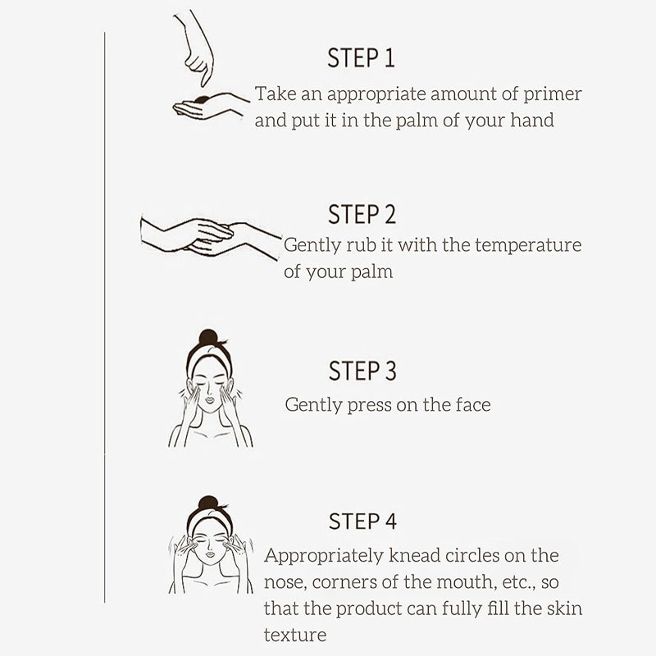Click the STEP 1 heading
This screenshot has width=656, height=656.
click(x=361, y=57)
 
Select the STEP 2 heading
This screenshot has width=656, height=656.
click(x=362, y=214)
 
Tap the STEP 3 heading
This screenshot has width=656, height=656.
click(x=362, y=371)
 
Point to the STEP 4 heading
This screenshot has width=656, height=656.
click(x=362, y=522)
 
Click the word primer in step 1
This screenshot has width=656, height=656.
click(x=552, y=94)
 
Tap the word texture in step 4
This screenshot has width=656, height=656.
click(x=295, y=635)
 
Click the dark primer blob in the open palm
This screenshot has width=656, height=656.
click(x=203, y=99)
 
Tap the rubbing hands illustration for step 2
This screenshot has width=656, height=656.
click(x=211, y=236)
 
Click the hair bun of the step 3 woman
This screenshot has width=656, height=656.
click(x=208, y=337)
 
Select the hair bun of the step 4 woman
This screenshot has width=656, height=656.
click(x=208, y=503)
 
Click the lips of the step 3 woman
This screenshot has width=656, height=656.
click(x=210, y=399)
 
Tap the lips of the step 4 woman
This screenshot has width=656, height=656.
click(x=210, y=554)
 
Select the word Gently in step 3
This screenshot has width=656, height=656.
click(x=313, y=405)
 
